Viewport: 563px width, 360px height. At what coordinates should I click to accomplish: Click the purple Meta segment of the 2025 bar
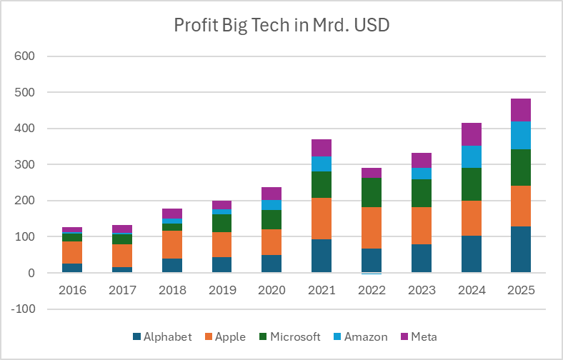click(x=520, y=110)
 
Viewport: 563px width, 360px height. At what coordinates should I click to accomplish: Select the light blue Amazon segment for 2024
click(x=471, y=156)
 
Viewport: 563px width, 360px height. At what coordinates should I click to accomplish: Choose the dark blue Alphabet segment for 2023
click(x=421, y=258)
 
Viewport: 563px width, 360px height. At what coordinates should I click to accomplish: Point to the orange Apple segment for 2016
click(x=71, y=252)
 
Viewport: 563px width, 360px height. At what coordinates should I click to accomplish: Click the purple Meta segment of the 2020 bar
click(x=271, y=193)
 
